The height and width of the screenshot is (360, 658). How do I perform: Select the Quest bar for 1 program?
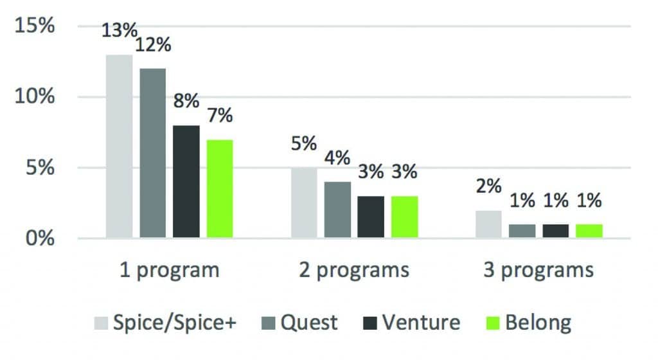pos(152,154)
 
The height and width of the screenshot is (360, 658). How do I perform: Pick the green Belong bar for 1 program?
pos(219,189)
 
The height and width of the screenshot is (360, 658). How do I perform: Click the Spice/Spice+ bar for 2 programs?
pos(304,203)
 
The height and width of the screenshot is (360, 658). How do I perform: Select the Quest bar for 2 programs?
pos(337,210)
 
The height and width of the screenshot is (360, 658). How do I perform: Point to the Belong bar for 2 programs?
pos(404,217)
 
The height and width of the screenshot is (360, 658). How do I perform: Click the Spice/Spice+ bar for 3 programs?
pos(489,224)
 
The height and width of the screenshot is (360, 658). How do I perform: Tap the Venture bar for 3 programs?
pos(556,231)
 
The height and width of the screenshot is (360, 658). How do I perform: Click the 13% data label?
pos(120,30)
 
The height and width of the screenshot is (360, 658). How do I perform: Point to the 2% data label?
pos(489,186)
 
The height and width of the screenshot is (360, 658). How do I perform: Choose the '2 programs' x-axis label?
pos(354,270)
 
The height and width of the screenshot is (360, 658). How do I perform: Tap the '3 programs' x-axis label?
pos(539,270)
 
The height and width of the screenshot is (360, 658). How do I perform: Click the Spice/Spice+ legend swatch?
pos(102,321)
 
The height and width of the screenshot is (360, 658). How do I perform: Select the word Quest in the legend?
pos(308,321)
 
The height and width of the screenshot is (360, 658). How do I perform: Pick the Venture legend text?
pos(422,321)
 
